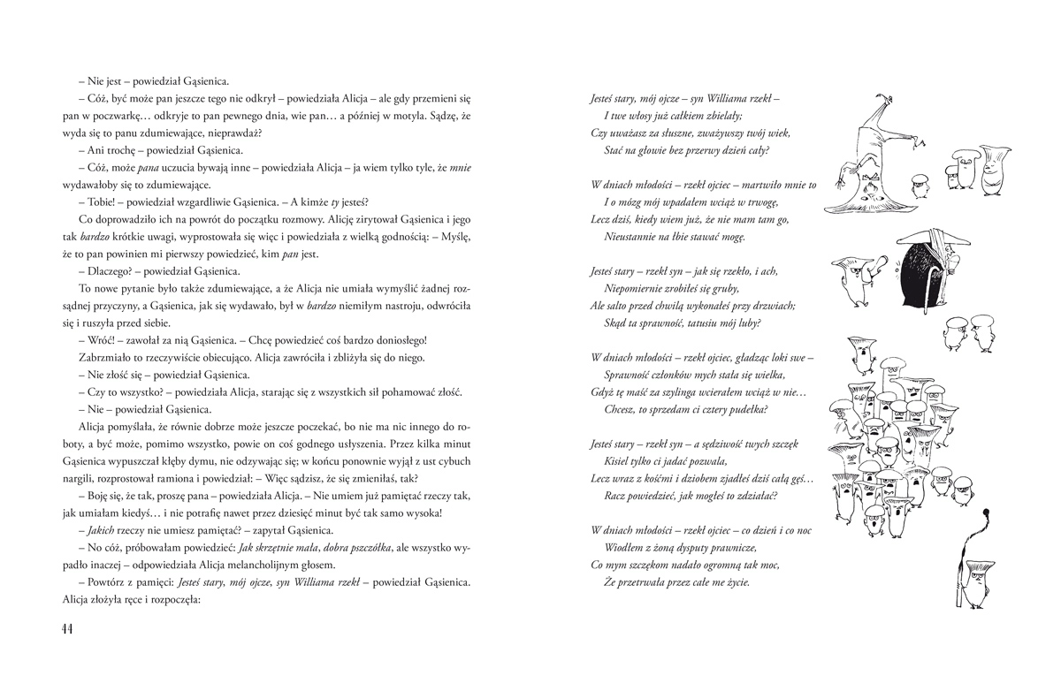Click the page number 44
61,628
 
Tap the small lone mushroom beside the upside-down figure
921,182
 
